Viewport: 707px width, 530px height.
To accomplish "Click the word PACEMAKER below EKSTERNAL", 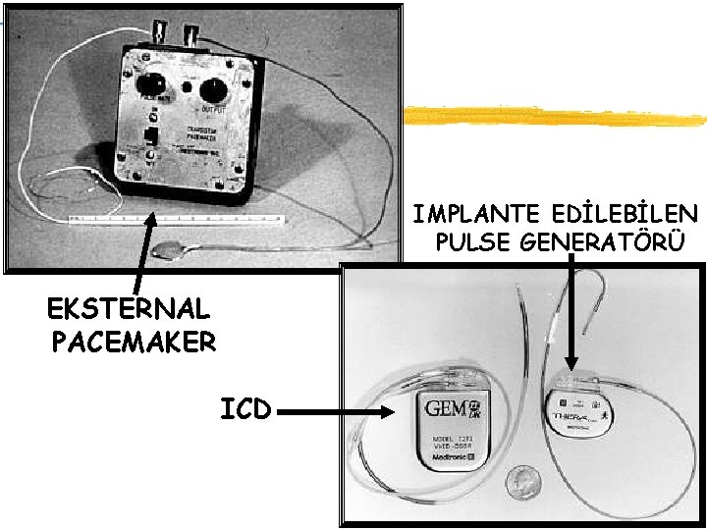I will pyautogui.click(x=133, y=342).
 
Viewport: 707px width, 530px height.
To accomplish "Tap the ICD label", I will pyautogui.click(x=245, y=407).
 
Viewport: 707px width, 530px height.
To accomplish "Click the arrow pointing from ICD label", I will pyautogui.click(x=339, y=414).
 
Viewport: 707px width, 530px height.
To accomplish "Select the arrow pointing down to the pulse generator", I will pyautogui.click(x=572, y=314).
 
